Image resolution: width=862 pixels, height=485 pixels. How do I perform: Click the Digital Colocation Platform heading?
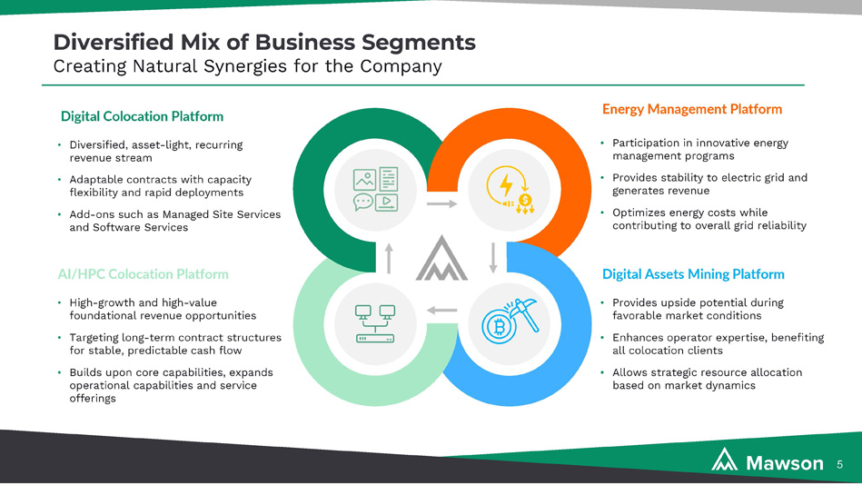pos(142,116)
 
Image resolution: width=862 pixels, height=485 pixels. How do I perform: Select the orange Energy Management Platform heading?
pos(692,109)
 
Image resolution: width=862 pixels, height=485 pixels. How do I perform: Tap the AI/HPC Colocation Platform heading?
pos(143,274)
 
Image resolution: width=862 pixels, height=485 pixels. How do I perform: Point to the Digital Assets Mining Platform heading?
pos(693,274)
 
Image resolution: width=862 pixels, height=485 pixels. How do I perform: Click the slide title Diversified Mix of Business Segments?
pos(264,43)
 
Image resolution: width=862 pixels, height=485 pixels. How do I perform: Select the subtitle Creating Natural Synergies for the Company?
pos(247,66)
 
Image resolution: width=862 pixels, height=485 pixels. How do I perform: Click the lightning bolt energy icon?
pos(510,190)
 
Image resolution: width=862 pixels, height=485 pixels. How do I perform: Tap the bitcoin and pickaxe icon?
pos(510,322)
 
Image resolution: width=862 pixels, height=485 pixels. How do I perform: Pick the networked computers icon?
pos(375,324)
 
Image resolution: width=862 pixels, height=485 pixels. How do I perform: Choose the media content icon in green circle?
pos(375,190)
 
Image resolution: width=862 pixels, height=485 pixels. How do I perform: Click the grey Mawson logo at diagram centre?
pos(441,258)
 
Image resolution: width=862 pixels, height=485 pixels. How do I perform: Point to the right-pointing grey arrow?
pos(442,204)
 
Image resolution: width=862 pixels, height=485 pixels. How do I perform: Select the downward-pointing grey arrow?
pos(493,258)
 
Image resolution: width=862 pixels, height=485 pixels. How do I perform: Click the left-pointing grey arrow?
pos(442,311)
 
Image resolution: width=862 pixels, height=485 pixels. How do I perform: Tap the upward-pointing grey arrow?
pos(390,258)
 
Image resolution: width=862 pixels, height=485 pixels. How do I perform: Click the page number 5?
pos(839,465)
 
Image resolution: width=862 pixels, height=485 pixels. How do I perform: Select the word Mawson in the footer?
pos(785,463)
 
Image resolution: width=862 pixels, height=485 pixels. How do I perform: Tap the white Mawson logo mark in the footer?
pos(725,460)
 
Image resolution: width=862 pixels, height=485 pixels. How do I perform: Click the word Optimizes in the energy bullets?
pos(635,213)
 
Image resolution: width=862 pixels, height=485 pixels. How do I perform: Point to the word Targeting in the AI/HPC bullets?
pos(94,338)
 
